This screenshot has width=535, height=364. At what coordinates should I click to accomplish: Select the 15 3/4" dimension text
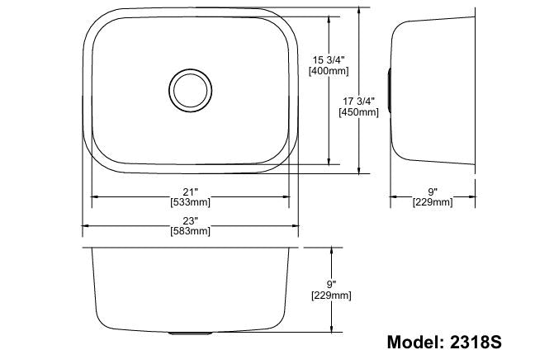coord(328,59)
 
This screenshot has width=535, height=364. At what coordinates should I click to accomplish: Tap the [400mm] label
coord(328,72)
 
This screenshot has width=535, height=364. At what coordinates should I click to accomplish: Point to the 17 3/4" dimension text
coord(360,102)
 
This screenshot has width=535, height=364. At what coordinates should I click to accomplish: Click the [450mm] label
coord(360,113)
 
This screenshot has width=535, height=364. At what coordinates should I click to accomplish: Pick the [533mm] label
coord(191,202)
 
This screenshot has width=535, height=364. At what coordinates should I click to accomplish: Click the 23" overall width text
coord(191,220)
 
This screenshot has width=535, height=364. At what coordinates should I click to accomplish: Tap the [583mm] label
coord(191,232)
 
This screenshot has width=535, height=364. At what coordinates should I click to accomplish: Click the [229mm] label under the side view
coord(433,202)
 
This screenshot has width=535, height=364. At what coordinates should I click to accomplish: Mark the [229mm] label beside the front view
coord(331,295)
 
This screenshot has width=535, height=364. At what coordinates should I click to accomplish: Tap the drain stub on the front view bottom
coord(191,333)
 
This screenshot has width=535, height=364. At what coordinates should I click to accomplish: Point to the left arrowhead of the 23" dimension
coord(86,226)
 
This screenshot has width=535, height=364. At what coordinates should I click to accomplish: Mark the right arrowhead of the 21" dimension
coord(288,196)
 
